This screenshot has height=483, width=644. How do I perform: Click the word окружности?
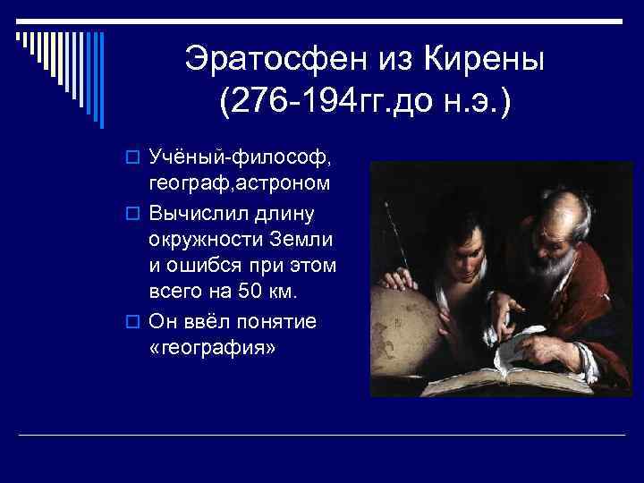(207, 239)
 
